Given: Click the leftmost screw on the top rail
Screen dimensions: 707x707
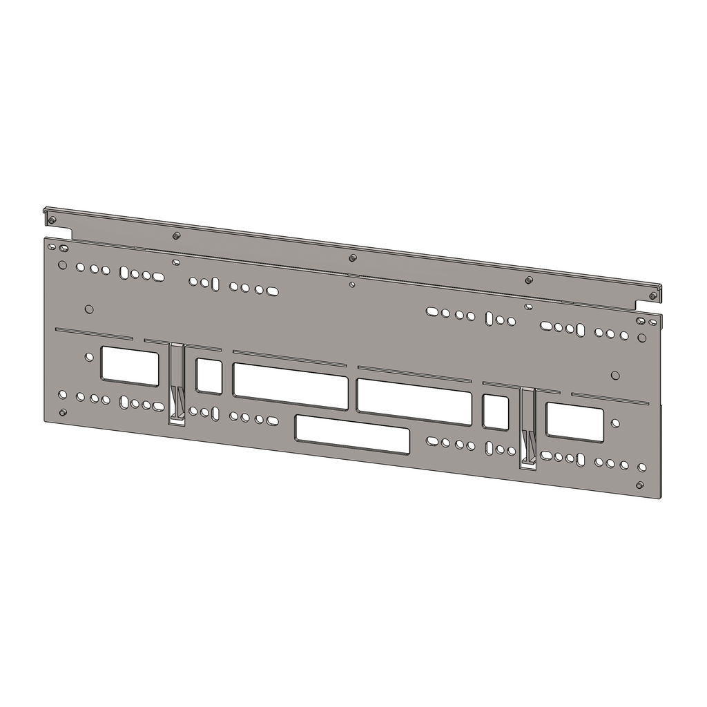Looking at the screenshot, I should [52, 220].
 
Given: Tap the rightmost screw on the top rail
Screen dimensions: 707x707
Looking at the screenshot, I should [652, 296].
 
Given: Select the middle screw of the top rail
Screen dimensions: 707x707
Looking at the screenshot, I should [353, 258].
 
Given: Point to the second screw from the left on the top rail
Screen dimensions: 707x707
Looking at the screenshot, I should [177, 236].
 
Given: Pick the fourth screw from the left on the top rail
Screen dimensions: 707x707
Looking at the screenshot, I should [529, 280].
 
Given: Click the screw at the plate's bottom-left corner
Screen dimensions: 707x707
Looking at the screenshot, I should [63, 412].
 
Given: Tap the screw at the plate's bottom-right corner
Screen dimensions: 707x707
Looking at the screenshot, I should [639, 485].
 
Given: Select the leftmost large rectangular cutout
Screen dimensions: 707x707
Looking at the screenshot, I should [130, 366].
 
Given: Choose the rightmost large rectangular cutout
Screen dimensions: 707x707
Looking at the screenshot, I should [574, 422].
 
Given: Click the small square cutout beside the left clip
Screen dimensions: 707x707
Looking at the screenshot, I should [209, 376].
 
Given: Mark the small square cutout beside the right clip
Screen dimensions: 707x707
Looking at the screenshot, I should [495, 412].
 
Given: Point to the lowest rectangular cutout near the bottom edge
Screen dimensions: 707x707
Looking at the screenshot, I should [352, 434].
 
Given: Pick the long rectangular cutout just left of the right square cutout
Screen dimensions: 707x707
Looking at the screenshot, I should [414, 401].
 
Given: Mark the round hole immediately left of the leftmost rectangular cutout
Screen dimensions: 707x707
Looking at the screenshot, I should [88, 357].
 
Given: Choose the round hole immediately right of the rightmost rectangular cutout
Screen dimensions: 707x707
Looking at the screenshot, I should [615, 423].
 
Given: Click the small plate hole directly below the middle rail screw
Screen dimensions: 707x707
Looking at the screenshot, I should [352, 284].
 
